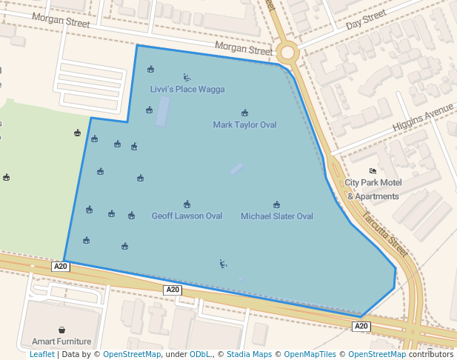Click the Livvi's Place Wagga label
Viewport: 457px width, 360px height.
187,90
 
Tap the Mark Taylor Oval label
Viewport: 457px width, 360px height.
244,124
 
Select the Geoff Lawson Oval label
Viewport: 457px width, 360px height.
187,216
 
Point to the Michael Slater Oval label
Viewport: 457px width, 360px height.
276,216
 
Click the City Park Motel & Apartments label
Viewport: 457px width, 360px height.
373,190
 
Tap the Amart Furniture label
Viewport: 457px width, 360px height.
61,341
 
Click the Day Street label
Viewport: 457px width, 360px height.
366,19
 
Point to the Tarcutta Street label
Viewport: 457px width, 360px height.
385,234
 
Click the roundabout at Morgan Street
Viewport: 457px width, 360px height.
288,53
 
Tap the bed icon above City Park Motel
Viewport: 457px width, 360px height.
373,171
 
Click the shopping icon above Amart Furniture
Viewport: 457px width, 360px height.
61,330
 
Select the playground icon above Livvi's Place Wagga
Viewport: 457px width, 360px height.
187,77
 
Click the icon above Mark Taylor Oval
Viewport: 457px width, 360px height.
244,113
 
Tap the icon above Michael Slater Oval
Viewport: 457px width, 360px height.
276,204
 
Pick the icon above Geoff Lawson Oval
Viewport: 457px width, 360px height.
187,204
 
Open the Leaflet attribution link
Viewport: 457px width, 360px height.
41,354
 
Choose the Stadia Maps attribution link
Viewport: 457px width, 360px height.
248,354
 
